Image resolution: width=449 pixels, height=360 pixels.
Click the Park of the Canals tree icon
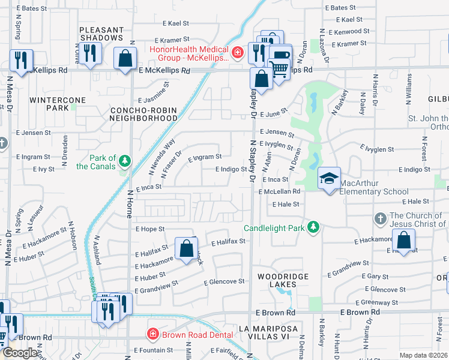(x=125, y=161)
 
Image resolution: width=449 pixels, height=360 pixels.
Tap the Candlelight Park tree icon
(x=312, y=227)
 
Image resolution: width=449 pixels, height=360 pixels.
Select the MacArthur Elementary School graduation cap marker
(x=329, y=178)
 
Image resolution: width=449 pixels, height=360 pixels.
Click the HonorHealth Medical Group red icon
(x=238, y=53)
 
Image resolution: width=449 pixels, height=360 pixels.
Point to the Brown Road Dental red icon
(x=153, y=333)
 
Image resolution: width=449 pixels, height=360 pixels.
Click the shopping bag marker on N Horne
(x=125, y=59)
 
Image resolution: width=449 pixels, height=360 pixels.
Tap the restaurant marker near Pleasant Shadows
(x=91, y=53)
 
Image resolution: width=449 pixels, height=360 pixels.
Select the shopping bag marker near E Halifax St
(x=186, y=247)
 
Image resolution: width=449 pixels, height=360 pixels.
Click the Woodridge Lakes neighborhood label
(x=277, y=280)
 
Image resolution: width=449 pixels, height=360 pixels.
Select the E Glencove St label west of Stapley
(x=224, y=281)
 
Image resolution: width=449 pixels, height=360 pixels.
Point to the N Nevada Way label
(x=161, y=157)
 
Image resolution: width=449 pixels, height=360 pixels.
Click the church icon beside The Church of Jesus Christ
(x=379, y=219)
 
